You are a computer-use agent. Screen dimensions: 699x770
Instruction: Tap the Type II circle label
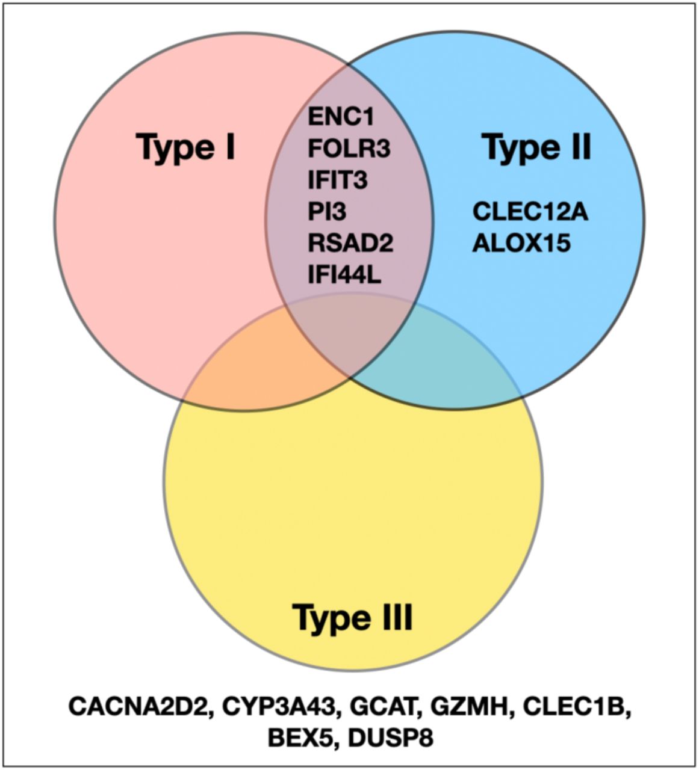[x=536, y=147]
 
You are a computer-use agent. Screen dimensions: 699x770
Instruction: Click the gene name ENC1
[x=341, y=116]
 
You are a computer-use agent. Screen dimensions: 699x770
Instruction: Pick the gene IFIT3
[x=338, y=180]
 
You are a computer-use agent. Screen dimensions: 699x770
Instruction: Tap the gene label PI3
[x=327, y=212]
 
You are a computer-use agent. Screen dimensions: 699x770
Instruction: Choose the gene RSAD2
[x=350, y=243]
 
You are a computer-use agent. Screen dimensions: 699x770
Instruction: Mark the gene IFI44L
[x=344, y=275]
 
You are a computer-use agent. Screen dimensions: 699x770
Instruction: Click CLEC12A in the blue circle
[x=530, y=212]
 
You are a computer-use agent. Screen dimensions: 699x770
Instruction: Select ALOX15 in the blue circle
[x=521, y=243]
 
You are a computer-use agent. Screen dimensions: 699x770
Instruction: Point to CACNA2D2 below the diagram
[x=141, y=706]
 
